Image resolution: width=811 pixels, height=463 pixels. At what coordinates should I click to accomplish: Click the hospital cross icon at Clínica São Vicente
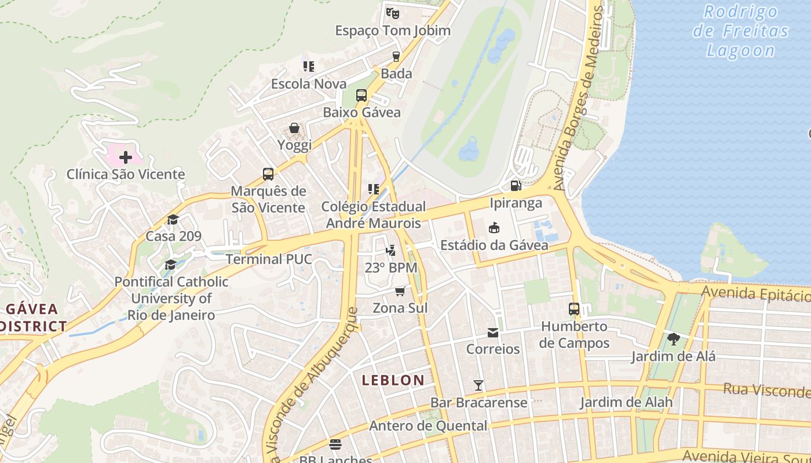tap(126, 157)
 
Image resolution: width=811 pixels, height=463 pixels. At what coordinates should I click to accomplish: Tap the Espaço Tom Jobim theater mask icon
tap(393, 12)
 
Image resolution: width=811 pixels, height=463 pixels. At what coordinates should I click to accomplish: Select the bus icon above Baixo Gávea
tap(361, 95)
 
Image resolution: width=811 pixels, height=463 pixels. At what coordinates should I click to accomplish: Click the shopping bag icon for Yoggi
tap(294, 128)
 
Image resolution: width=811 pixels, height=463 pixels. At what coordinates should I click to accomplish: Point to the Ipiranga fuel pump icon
tap(516, 186)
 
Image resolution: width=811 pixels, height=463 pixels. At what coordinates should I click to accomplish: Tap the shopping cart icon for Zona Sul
tap(400, 291)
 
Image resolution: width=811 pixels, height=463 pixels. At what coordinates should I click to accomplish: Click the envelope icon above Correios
tap(493, 332)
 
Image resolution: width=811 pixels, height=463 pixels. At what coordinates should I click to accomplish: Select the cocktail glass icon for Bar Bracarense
tap(478, 385)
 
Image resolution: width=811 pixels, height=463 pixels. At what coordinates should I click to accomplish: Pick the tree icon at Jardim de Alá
tap(673, 339)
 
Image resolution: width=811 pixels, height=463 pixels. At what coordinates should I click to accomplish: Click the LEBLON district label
tap(393, 380)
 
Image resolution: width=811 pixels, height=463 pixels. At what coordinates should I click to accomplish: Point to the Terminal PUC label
tap(269, 259)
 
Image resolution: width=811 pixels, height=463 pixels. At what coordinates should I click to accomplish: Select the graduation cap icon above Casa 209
tap(173, 219)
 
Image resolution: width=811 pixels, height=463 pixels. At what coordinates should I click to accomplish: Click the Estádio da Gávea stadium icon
tap(494, 228)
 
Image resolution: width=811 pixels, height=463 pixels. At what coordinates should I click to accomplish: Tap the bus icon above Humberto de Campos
tap(574, 309)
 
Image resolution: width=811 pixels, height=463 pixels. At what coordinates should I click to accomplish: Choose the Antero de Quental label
tap(428, 426)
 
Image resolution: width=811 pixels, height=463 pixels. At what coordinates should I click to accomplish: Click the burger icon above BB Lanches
tap(335, 444)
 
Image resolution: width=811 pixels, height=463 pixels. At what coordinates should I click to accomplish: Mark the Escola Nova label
tap(309, 84)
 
